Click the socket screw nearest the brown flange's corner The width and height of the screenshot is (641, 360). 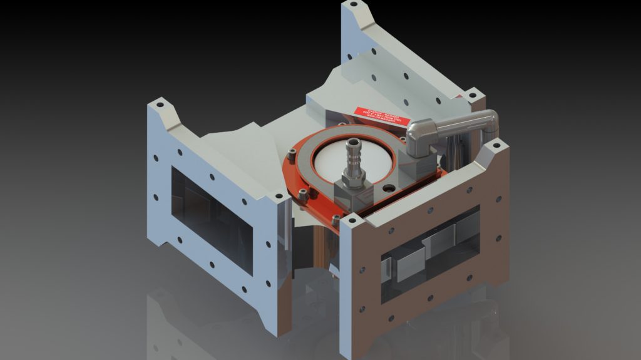[336, 219]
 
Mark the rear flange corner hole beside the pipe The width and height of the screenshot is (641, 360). [474, 97]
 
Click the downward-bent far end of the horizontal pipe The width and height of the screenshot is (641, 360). [490, 122]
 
